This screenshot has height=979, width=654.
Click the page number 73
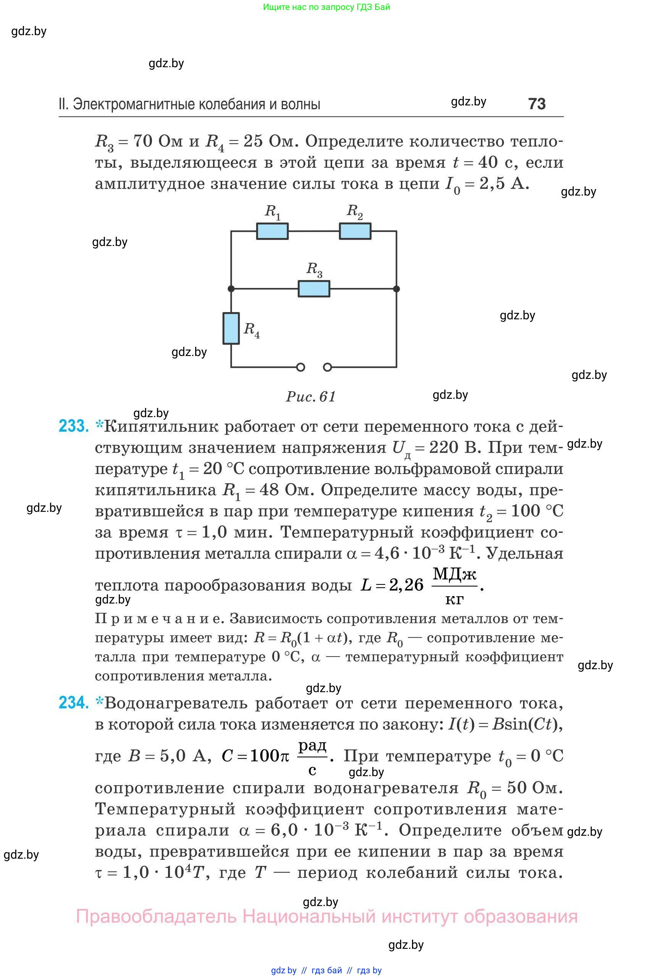point(536,104)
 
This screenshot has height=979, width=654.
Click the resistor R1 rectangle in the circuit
point(272,231)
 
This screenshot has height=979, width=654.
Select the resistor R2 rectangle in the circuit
point(355,231)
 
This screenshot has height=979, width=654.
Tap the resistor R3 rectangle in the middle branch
point(314,289)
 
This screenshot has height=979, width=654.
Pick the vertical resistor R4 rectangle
point(231,328)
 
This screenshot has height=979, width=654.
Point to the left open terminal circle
point(300,367)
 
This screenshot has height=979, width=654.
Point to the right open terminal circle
point(328,367)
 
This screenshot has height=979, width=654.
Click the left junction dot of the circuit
point(231,289)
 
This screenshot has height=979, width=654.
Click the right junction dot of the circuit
point(396,289)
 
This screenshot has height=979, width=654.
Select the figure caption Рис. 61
point(311,396)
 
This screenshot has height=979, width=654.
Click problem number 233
point(74,426)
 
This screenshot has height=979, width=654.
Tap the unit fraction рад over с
point(312,757)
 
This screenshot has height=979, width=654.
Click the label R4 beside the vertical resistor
point(252,330)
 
